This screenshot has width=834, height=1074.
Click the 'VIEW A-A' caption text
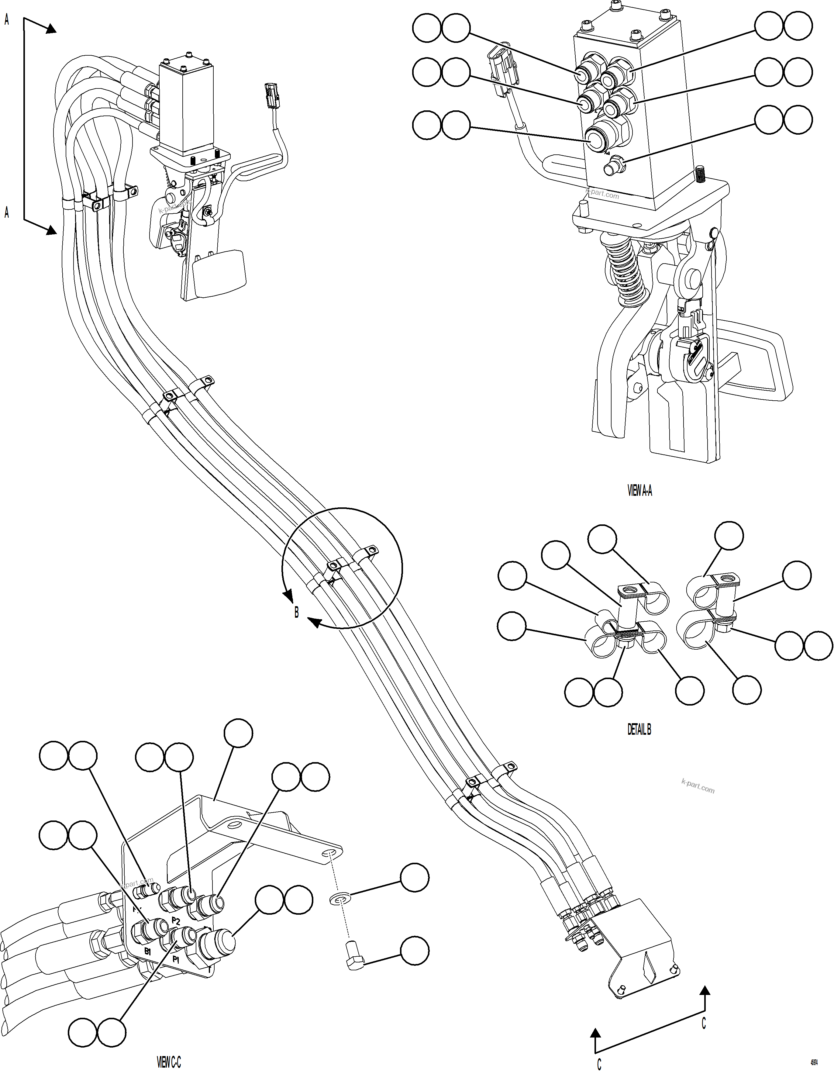(640, 491)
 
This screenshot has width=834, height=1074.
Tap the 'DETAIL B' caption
(639, 730)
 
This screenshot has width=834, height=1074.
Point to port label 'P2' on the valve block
(176, 920)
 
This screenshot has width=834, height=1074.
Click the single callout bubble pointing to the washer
(414, 876)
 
